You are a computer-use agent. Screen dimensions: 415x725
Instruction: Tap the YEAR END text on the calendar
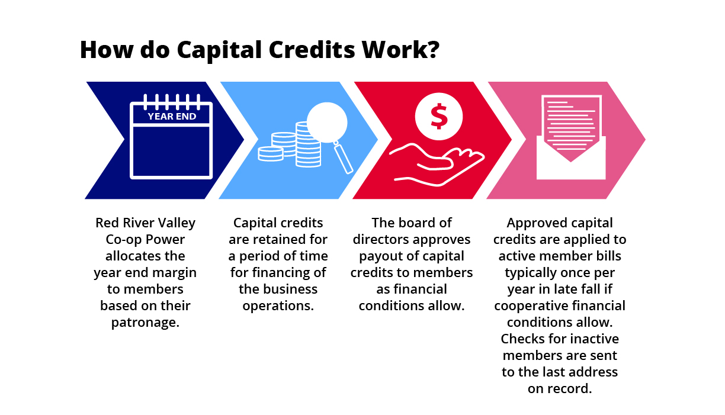172,116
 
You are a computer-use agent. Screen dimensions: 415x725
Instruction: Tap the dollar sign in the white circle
439,116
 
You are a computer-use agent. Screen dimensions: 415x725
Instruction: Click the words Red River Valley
145,223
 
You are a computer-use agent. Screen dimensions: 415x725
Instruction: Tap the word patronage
145,323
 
